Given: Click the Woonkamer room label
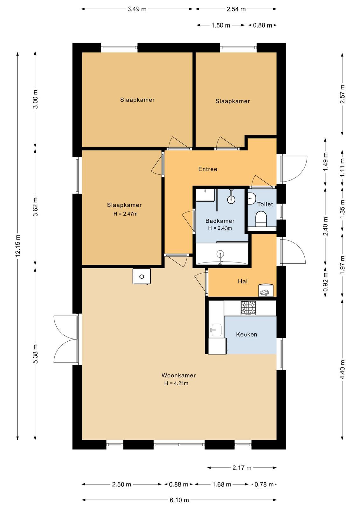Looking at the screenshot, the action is point(178,375).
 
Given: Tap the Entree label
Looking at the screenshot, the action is point(208,169).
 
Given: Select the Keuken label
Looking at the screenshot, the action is point(246,334).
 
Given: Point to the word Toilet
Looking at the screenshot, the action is point(265,204).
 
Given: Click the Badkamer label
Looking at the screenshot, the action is point(220,221).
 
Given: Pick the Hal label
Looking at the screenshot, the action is point(243,282).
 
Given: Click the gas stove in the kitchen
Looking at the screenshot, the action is point(248,308).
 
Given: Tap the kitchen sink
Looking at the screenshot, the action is point(216,330).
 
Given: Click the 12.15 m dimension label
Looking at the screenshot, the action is point(18,246).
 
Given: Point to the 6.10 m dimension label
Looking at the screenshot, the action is point(179,500).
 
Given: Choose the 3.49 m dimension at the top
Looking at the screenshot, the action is point(137,9).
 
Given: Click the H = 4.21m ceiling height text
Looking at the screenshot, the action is point(176,384).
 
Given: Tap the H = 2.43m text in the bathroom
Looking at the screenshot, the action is point(220,228).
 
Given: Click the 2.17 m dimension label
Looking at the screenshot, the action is point(242,468).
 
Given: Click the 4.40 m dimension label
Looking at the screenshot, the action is point(343,369).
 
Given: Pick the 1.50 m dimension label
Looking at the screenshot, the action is point(220,25).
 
